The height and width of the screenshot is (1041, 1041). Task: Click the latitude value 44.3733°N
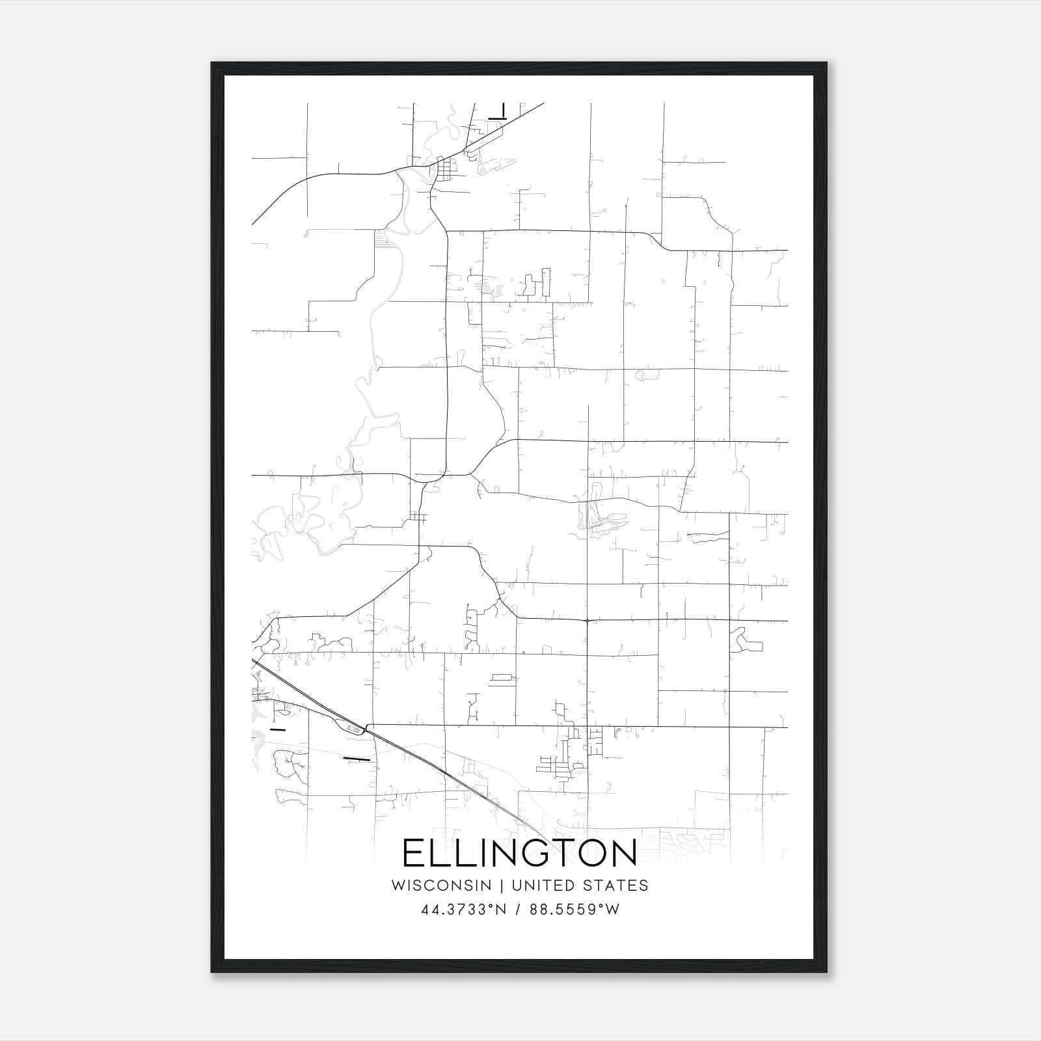point(464,910)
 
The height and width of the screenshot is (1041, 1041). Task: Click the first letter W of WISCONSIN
point(399,886)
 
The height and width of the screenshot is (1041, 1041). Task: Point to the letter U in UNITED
point(517,886)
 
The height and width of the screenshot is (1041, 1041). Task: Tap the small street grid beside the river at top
point(446,169)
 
